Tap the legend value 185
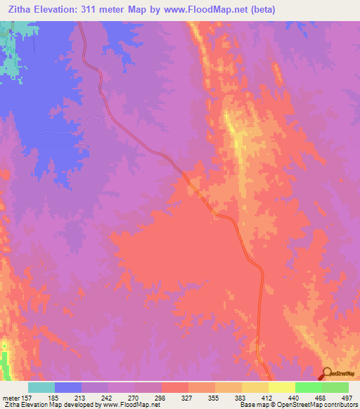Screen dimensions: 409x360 [51, 397]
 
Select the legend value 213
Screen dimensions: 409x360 [78, 397]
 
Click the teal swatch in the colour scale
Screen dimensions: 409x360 [41, 387]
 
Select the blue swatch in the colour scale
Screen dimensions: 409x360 [68, 387]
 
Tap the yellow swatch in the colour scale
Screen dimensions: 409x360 [282, 387]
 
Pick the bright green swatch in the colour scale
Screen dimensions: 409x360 [309, 387]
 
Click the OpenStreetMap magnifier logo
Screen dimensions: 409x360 [327, 372]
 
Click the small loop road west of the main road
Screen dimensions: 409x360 [92, 126]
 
